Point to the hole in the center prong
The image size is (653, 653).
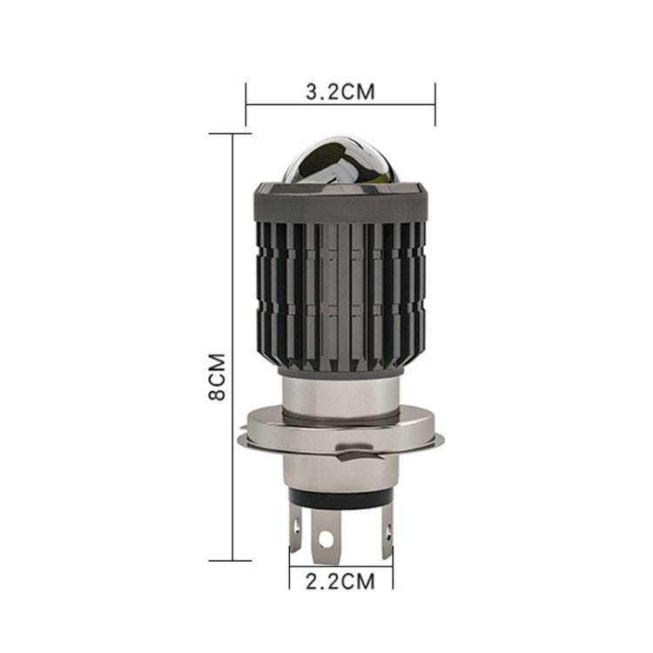coord(326,539)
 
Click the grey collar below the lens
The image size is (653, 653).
coord(340,203)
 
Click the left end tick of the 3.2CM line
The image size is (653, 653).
coord(246,104)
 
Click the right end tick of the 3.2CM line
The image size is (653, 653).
coord(434,104)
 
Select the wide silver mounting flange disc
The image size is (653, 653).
coord(340,431)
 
